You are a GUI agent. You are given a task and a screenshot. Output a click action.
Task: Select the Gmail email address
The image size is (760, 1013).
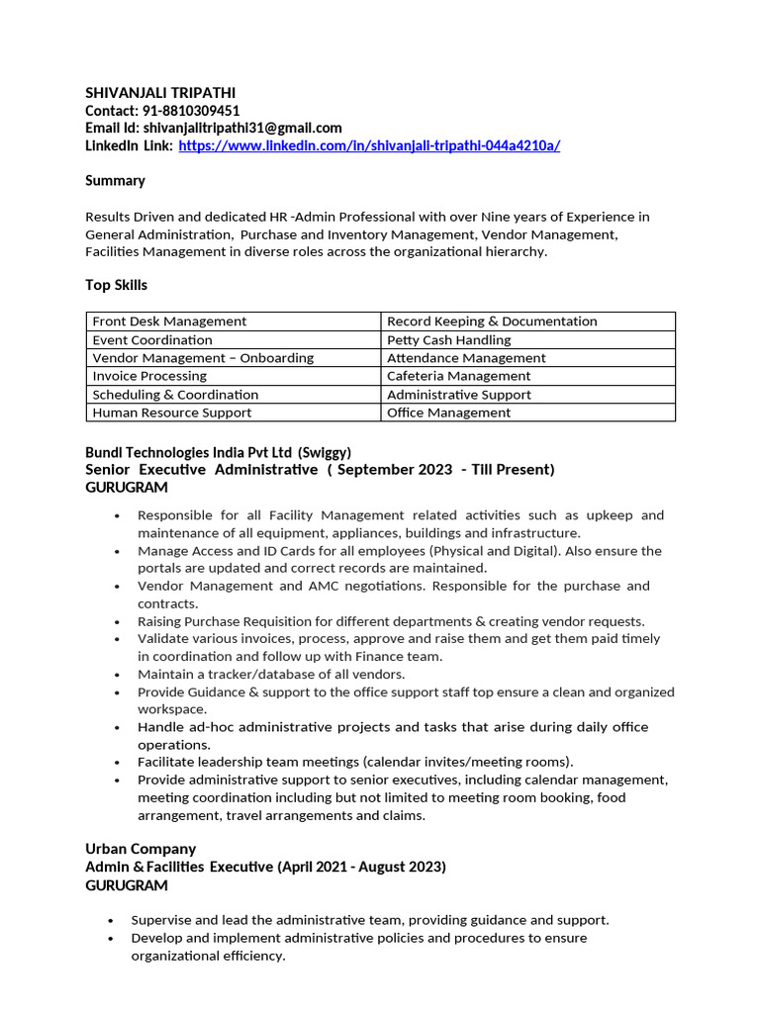pos(242,128)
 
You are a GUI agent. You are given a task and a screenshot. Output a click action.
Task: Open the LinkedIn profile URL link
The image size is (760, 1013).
pos(369,145)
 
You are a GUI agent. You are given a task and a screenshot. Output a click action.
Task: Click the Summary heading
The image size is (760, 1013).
pos(115,180)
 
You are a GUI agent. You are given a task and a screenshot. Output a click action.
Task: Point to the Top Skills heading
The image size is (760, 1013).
pos(116,285)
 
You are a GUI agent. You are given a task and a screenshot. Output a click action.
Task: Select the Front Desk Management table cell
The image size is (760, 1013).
pos(169,322)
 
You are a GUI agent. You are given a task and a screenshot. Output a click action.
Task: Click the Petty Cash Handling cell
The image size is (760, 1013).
pos(448,339)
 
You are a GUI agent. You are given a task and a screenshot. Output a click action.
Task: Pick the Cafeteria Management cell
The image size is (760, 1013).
pos(458,376)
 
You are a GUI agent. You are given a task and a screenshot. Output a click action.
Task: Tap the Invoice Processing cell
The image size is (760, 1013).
pos(149,376)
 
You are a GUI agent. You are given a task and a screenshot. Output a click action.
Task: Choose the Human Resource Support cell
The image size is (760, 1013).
pos(171,413)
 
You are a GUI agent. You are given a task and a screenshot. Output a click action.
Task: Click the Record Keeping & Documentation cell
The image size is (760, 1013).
pos(492,322)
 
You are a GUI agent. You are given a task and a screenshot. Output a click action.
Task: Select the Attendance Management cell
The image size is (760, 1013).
pos(466,358)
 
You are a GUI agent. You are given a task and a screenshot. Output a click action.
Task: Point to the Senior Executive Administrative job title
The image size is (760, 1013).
pos(202,469)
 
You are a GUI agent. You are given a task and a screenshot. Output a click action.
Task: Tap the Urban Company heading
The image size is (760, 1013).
pos(141,849)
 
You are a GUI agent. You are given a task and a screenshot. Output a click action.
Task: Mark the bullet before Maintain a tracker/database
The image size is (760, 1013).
pos(118,675)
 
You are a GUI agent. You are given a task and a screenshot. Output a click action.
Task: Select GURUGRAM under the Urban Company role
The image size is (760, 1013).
pos(127,885)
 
